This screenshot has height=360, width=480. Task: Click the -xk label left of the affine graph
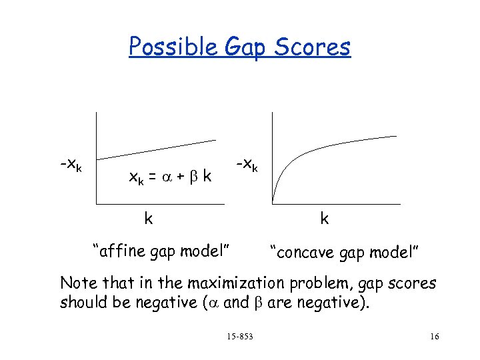pos(70,163)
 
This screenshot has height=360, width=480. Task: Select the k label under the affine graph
pos(149,218)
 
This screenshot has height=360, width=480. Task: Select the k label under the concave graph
pos(324,218)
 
